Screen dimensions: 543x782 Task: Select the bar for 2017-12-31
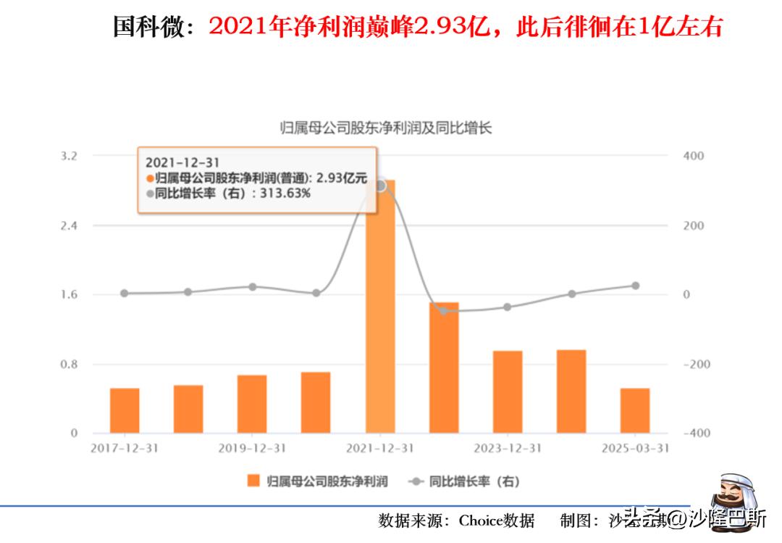125,410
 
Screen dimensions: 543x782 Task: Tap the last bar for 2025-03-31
635,410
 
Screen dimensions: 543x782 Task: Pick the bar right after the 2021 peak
444,368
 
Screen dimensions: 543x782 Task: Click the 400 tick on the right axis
693,156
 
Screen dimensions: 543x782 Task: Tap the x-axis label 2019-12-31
252,448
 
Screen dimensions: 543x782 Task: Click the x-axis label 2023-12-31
508,448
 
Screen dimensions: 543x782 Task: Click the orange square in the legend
253,481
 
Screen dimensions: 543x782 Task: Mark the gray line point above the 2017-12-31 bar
124,294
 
